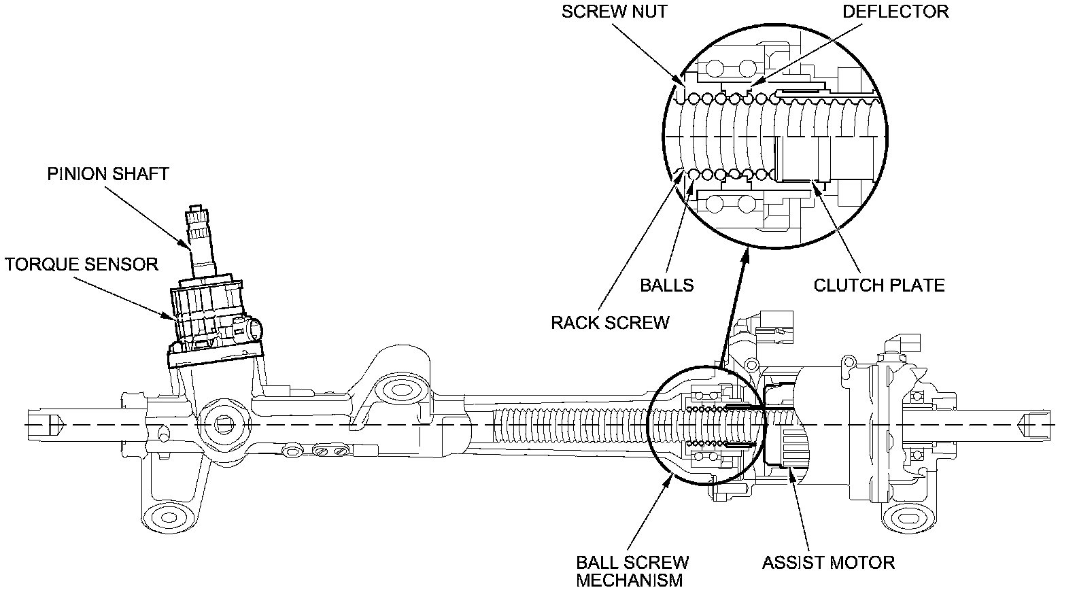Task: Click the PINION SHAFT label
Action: tap(107, 174)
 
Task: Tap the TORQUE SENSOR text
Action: tap(82, 264)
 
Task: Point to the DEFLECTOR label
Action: tap(895, 12)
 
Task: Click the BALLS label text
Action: tap(667, 285)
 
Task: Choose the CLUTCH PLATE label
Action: tap(879, 285)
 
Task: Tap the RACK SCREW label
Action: tap(610, 322)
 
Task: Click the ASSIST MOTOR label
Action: tap(828, 563)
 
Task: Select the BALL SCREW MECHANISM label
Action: tap(632, 571)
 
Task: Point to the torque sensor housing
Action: tap(207, 313)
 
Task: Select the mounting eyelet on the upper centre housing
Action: tap(397, 390)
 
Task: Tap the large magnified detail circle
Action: tap(774, 136)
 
